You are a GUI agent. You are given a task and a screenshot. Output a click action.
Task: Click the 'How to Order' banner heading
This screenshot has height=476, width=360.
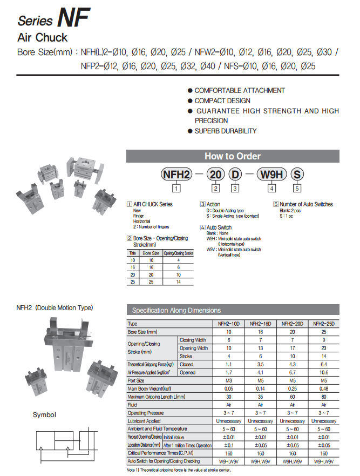[233, 156]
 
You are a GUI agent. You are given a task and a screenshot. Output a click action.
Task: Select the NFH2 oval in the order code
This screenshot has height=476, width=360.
[176, 175]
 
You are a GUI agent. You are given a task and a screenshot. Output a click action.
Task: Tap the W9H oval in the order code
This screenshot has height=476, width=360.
[271, 175]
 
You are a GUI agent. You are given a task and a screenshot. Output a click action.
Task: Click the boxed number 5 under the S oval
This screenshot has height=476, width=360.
[297, 189]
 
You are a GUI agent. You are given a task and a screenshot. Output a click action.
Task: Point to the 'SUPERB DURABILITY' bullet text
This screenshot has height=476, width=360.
[225, 131]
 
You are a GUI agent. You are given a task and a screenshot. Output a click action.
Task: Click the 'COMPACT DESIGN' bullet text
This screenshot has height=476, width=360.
[222, 100]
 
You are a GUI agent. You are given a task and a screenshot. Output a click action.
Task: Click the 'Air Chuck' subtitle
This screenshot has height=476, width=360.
[43, 38]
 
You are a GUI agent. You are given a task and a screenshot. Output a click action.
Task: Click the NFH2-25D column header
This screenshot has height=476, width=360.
[324, 324]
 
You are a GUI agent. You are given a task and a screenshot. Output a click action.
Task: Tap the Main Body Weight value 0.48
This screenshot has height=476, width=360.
[324, 388]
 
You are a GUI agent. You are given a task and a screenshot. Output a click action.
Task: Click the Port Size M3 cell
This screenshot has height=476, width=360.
[228, 380]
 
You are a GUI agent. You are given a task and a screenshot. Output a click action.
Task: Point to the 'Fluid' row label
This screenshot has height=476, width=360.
[133, 404]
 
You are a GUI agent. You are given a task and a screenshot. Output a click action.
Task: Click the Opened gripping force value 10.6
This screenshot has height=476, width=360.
[324, 372]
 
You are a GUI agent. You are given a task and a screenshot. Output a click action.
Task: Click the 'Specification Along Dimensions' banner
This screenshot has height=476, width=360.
[176, 310]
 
